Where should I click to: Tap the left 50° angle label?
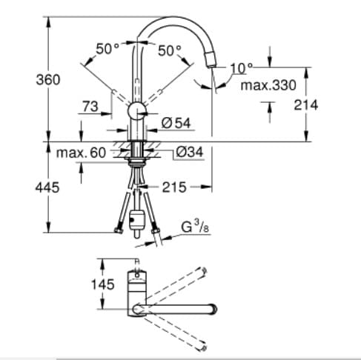(x=107, y=49)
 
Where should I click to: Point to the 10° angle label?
(x=240, y=68)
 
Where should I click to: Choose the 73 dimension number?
(x=90, y=107)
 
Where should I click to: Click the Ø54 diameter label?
(x=176, y=121)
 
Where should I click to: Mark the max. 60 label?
(x=82, y=153)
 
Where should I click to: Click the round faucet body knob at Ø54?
(x=136, y=112)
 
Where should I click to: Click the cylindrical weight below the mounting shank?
(x=136, y=219)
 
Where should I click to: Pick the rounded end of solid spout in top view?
(x=213, y=307)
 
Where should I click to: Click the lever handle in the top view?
(x=136, y=280)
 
